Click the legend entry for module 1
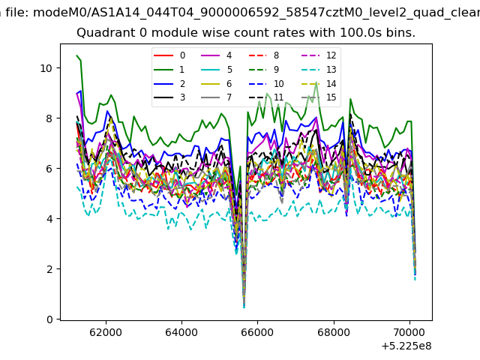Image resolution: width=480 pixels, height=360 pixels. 169,70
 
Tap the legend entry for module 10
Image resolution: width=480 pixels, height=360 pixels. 266,83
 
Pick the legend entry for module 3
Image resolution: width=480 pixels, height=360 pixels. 169,97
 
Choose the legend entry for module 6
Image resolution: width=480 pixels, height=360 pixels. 217,83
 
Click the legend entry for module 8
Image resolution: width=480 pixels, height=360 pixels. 263,55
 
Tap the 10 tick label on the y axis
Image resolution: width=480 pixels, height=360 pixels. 46,68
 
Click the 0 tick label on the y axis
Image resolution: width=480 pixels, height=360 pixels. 49,319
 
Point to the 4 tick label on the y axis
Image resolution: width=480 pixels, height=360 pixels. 49,219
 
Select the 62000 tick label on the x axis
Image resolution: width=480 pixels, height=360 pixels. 106,332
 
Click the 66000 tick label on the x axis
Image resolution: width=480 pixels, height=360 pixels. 257,332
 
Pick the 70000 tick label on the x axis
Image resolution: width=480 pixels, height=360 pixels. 409,332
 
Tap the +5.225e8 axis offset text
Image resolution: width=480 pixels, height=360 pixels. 406,346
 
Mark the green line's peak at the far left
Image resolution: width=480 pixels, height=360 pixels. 76,55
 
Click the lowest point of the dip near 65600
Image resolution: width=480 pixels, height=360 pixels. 244,307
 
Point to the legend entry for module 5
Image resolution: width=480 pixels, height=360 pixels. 217,70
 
